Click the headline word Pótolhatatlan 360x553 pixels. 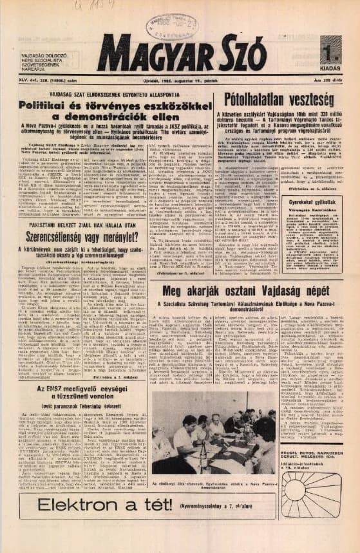(258, 99)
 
